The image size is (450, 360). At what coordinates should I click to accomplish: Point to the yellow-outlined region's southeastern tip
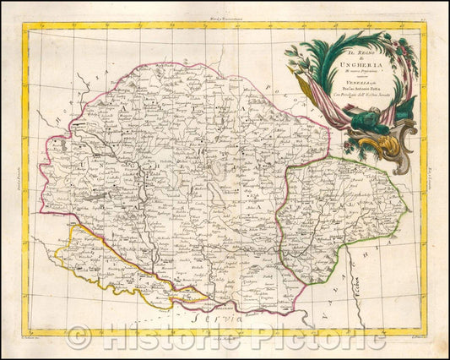pos(211,297)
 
